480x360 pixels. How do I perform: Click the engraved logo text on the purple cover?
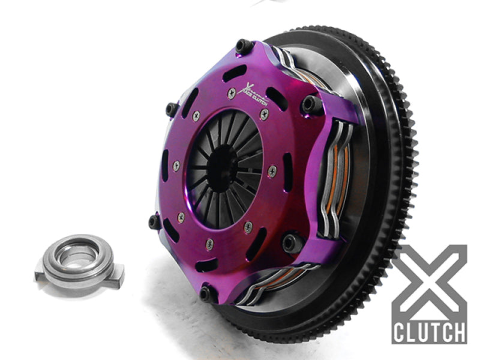(x=255, y=91)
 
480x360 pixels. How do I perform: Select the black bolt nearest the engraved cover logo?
(x=243, y=47)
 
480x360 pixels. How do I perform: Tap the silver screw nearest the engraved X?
(x=232, y=93)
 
